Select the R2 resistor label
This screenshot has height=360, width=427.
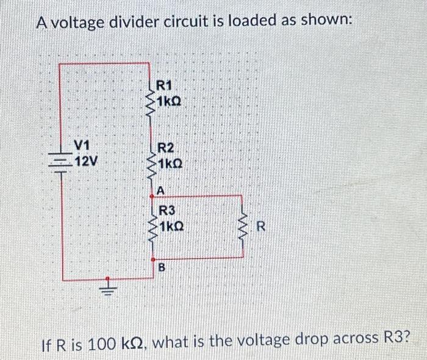(x=166, y=149)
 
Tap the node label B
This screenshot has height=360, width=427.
(x=162, y=267)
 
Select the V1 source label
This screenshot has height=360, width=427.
(x=82, y=146)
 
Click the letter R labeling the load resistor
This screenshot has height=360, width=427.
(x=260, y=228)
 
